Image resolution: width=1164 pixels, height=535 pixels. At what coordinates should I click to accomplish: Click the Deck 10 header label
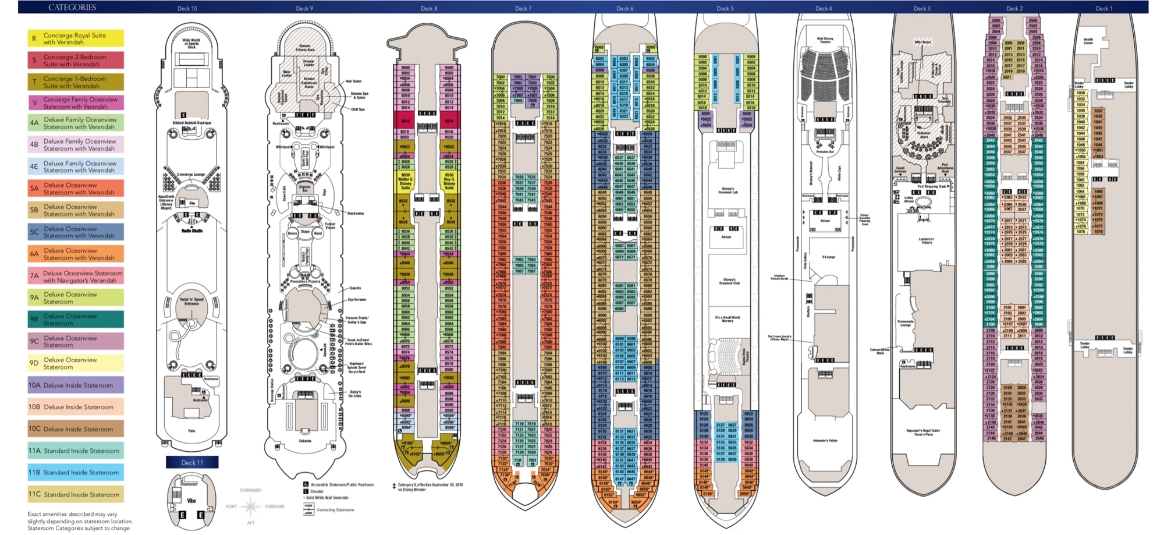(x=187, y=8)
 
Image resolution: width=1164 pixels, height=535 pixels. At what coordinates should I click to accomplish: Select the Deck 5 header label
(x=725, y=8)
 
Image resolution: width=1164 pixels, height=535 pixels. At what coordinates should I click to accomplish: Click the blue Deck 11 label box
(x=192, y=462)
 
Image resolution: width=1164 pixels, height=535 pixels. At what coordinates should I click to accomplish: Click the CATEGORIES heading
(x=72, y=8)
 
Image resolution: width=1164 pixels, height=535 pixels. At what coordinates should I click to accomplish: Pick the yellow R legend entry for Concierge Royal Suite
(x=76, y=38)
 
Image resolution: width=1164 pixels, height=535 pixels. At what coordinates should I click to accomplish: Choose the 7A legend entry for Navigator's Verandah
(x=76, y=277)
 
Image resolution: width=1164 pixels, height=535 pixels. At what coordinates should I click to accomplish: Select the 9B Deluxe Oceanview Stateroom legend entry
(x=76, y=320)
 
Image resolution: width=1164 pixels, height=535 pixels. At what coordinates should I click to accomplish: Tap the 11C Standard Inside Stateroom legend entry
(x=76, y=494)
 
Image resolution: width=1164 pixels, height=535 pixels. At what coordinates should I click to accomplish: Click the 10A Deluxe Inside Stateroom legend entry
(x=76, y=385)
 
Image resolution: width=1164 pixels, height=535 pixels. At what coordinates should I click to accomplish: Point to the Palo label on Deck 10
(x=191, y=431)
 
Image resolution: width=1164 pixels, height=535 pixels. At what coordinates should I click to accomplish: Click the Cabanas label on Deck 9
(x=305, y=441)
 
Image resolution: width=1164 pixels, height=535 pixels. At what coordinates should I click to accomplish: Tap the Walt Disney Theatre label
(x=825, y=41)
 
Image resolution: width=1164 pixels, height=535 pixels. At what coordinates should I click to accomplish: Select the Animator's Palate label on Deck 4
(x=825, y=441)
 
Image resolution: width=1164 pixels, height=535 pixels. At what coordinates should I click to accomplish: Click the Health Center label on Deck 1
(x=1088, y=41)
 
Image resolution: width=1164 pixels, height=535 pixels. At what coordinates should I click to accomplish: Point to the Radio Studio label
(x=191, y=231)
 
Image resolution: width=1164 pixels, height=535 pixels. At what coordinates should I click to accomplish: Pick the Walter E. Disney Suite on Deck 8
(x=405, y=181)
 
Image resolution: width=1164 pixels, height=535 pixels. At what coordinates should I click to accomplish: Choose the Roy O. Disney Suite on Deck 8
(x=449, y=181)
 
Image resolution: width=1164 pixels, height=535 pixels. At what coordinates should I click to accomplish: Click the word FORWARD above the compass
(x=250, y=490)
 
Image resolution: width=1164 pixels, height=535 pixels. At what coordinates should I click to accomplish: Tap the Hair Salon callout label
(x=353, y=82)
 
